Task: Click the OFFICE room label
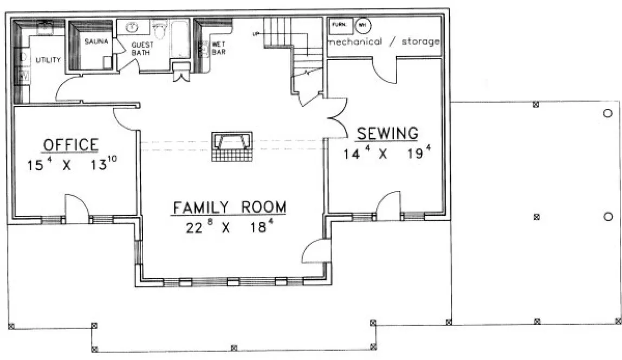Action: point(70,145)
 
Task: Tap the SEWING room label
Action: point(387,133)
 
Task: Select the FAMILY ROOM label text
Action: point(229,208)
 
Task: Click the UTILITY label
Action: point(48,60)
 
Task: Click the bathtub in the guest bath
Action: point(179,39)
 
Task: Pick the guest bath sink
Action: point(131,28)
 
